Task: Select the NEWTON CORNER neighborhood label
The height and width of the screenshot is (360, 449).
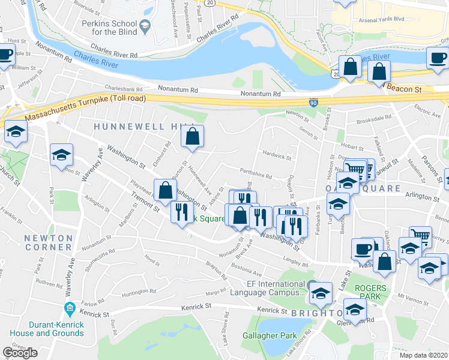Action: pos(48,242)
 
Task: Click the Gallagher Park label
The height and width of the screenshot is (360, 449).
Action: pos(266,335)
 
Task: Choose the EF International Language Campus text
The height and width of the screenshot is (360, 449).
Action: pos(268,288)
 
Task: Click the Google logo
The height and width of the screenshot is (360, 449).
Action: pos(20,353)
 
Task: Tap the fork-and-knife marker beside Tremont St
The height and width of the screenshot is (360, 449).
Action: pos(181,212)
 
